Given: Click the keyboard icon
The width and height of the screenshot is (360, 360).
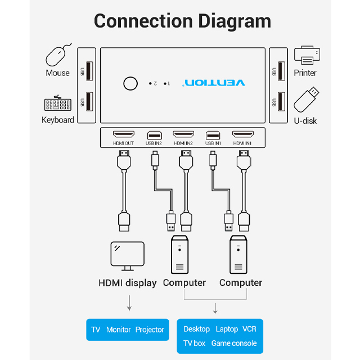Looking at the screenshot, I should pos(57,105).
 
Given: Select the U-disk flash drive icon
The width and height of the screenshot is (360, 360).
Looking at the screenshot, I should pos(307,100).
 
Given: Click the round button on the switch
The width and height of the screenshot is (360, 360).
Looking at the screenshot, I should pos(130,83).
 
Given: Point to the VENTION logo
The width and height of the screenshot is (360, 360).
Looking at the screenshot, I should pos(214,83).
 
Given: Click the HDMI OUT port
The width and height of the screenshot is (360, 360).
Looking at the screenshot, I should pos(123,135).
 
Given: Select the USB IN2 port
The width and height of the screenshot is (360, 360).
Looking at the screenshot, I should pos(154,135).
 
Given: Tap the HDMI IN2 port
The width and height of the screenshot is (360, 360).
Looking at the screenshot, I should pos(183,135).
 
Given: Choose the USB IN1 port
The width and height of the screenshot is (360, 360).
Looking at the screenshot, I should pos(213,135).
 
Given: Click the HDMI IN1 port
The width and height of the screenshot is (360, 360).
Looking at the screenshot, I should pos(243,135).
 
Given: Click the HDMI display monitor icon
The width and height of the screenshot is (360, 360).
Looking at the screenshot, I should pos(127,256).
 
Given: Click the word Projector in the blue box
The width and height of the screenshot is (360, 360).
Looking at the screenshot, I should pos(150,330).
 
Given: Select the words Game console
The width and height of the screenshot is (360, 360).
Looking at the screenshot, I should pos(234,343).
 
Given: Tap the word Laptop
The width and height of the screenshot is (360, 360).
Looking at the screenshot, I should pos(227,329).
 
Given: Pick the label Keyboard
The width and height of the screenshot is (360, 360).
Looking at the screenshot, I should pos(57,120).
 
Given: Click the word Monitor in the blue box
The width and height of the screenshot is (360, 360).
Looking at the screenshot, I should pos(118,330).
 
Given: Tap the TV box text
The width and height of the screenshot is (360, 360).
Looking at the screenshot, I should pos(194,343).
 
